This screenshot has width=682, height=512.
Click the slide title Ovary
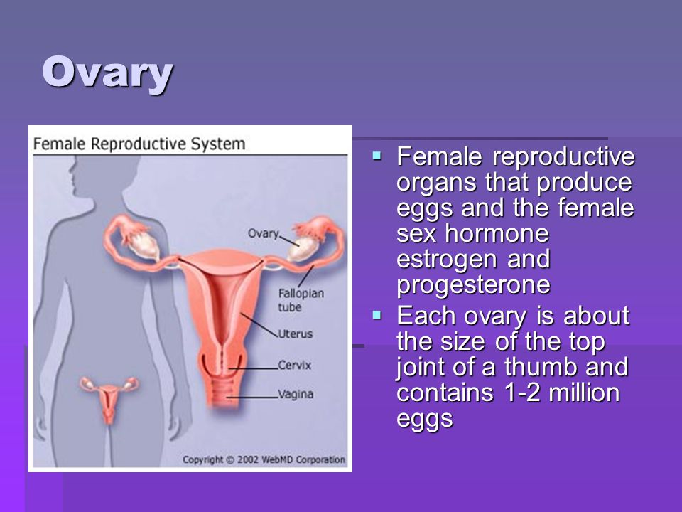click(107, 73)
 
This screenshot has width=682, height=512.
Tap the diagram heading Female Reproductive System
click(139, 144)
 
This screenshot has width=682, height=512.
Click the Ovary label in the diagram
click(263, 234)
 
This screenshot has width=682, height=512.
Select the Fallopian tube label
click(301, 300)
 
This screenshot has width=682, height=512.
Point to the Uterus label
click(296, 334)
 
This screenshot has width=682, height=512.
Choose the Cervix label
click(294, 365)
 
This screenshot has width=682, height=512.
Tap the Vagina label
click(296, 394)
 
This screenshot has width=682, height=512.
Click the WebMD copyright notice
click(264, 459)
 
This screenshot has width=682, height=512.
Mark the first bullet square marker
click(377, 156)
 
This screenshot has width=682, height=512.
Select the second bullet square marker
click(377, 314)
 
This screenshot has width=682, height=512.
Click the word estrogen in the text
click(447, 260)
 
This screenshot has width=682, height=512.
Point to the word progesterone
click(473, 286)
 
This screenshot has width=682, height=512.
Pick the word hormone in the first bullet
click(497, 233)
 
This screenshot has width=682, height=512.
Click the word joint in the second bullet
click(421, 368)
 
